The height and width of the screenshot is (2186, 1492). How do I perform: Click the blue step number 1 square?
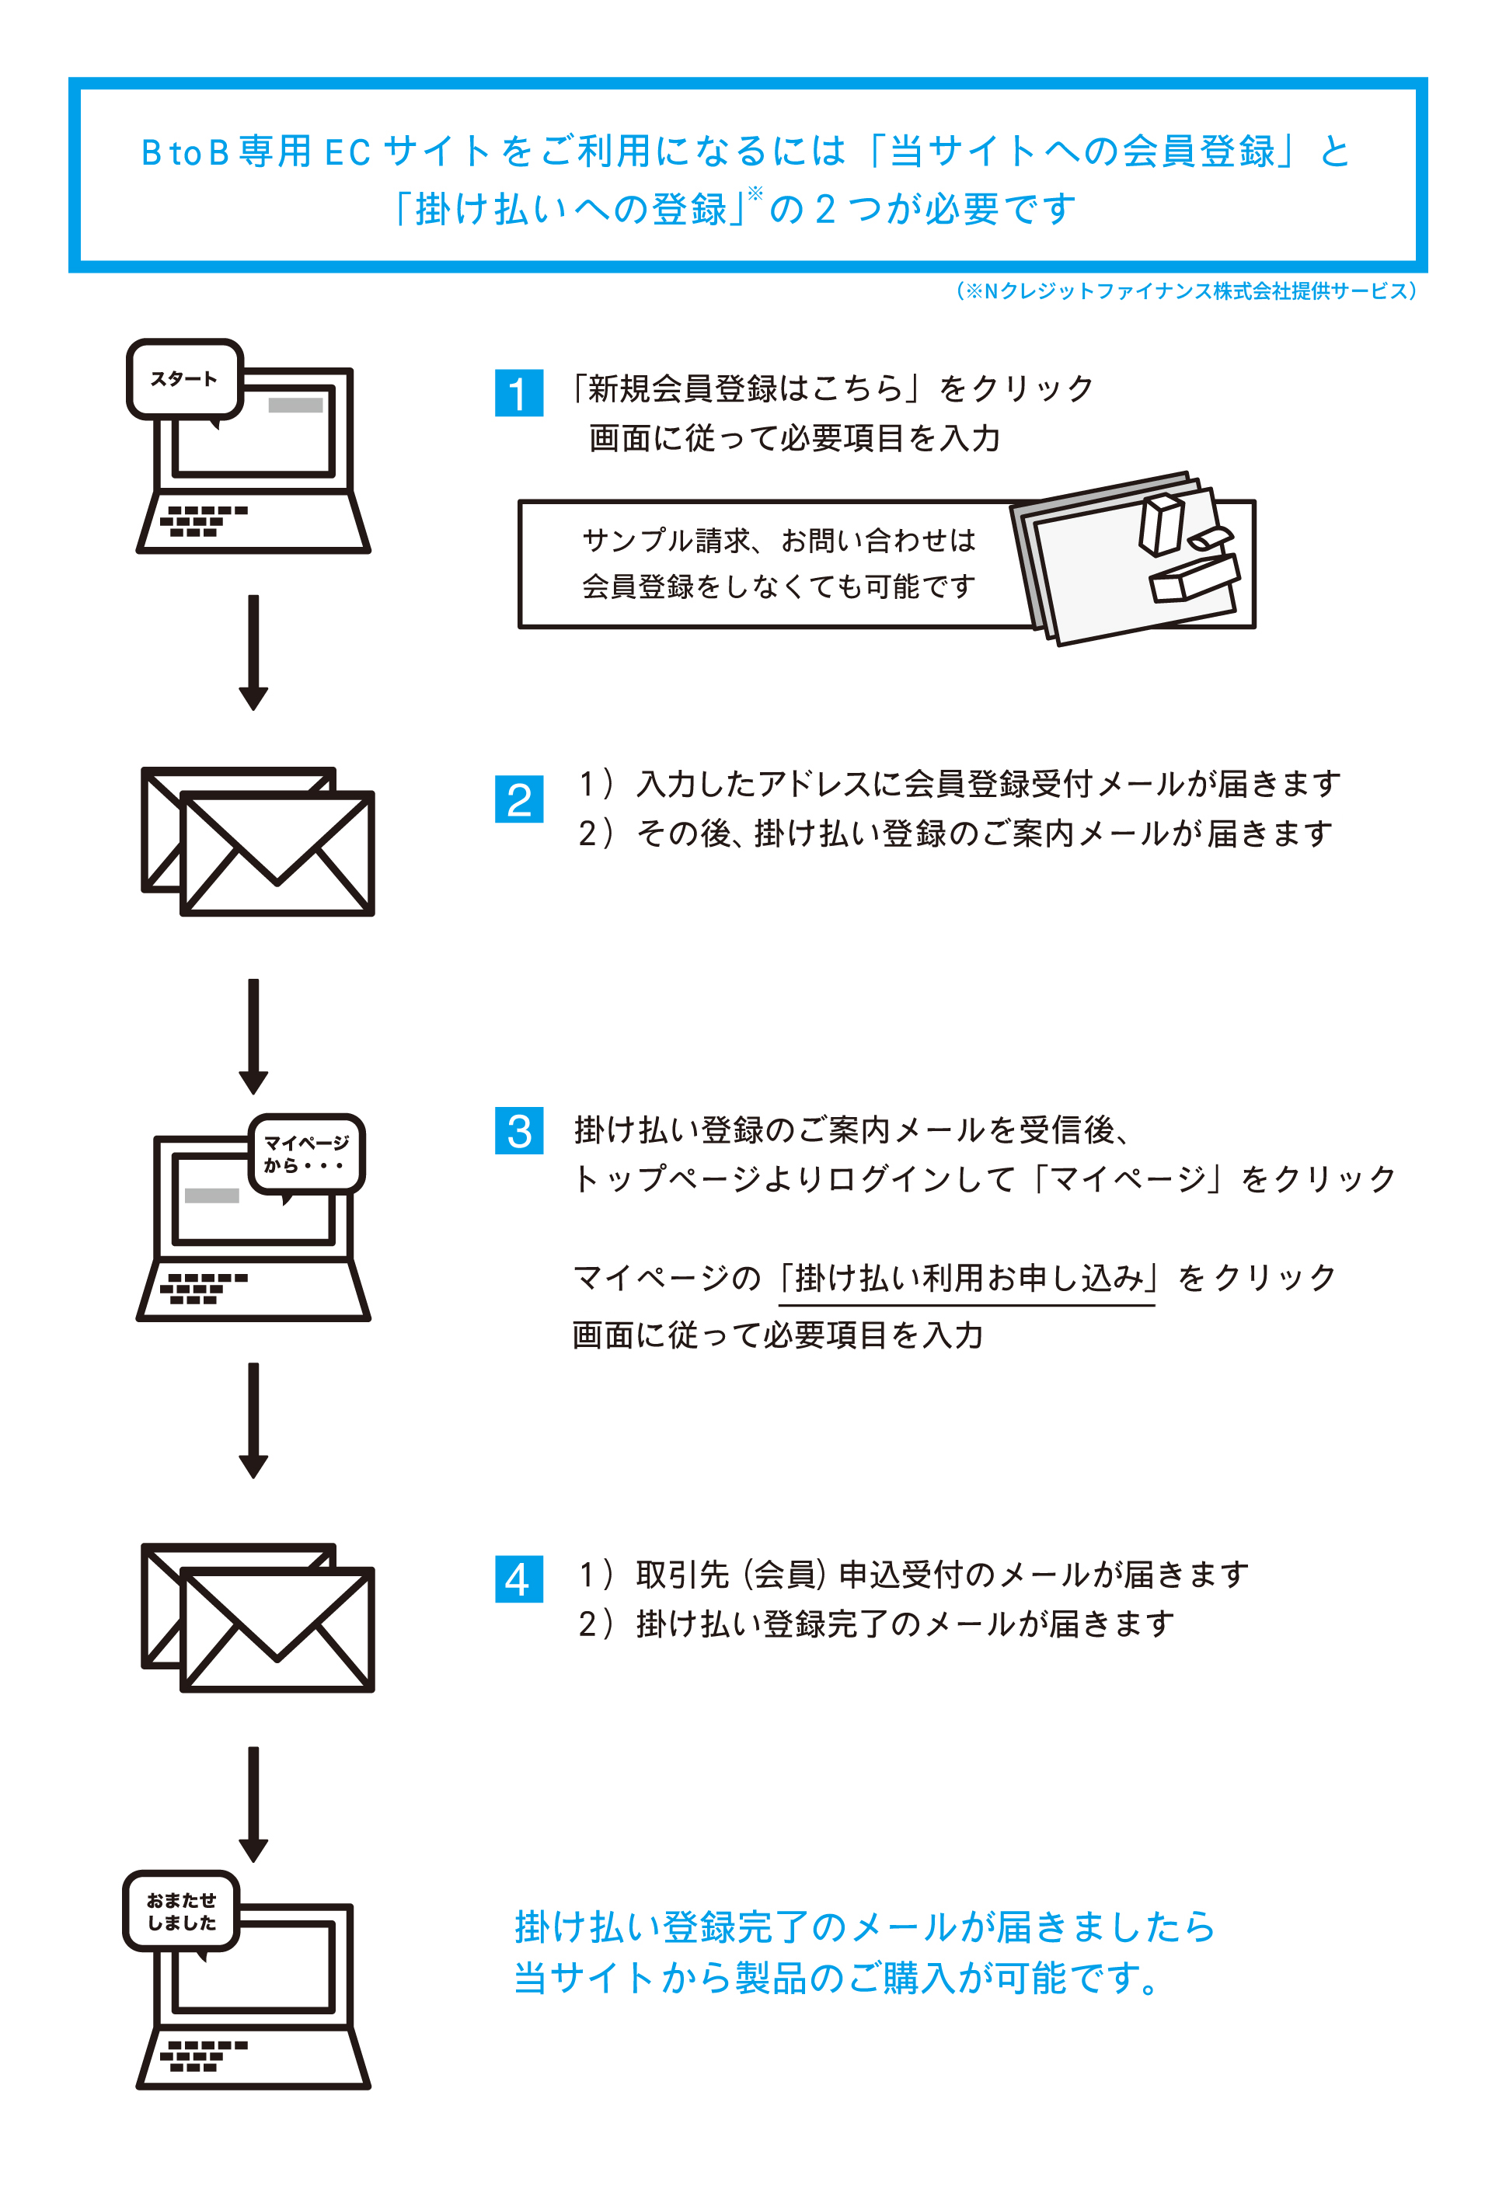tap(518, 392)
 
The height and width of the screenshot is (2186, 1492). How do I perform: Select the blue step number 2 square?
tap(518, 799)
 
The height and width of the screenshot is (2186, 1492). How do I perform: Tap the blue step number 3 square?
tap(518, 1130)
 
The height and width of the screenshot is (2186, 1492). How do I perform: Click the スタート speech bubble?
tap(184, 379)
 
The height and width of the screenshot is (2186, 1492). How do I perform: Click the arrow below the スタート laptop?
tap(253, 652)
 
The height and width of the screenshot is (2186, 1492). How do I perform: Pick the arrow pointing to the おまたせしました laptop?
tap(253, 1804)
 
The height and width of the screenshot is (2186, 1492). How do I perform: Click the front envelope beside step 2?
tap(277, 853)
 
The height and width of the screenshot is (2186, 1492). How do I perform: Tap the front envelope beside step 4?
tap(277, 1629)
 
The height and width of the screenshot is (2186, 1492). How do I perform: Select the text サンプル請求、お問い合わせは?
tap(779, 540)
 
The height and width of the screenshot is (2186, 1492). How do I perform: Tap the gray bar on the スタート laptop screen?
tap(295, 406)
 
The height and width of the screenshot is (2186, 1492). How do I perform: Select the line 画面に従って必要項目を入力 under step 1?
tap(795, 438)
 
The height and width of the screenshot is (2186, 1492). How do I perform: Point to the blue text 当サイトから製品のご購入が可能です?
tap(836, 1977)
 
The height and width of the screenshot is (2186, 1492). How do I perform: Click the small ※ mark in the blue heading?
tap(755, 193)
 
